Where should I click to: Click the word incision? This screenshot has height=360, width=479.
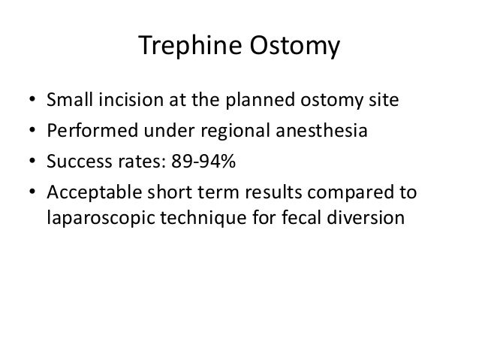pos(126,100)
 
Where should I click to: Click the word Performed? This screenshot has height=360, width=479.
pos(86,132)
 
